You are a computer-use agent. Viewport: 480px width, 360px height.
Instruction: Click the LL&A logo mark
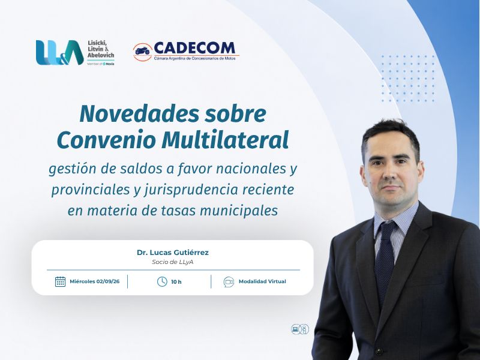59,52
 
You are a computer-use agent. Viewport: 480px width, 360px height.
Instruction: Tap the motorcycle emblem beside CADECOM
143,52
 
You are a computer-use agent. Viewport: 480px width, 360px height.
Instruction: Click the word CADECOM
194,48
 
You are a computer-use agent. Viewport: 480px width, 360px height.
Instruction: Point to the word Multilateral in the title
226,140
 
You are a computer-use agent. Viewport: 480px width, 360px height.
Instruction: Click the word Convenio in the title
106,140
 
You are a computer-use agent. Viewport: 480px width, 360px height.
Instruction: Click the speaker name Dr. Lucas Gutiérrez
173,253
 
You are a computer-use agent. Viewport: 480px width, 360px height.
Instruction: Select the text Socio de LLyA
173,262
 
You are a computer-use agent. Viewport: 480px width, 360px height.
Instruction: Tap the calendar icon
61,281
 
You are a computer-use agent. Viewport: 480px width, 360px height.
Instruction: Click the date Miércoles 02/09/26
95,281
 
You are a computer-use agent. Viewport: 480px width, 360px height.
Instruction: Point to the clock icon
162,281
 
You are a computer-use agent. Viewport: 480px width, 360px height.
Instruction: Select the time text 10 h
176,282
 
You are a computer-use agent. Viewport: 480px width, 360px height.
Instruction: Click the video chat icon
229,281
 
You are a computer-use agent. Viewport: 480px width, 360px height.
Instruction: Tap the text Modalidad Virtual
262,281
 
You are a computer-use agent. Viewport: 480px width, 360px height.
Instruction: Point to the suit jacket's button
379,351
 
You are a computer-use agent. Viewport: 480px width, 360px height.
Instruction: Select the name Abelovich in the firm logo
101,55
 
